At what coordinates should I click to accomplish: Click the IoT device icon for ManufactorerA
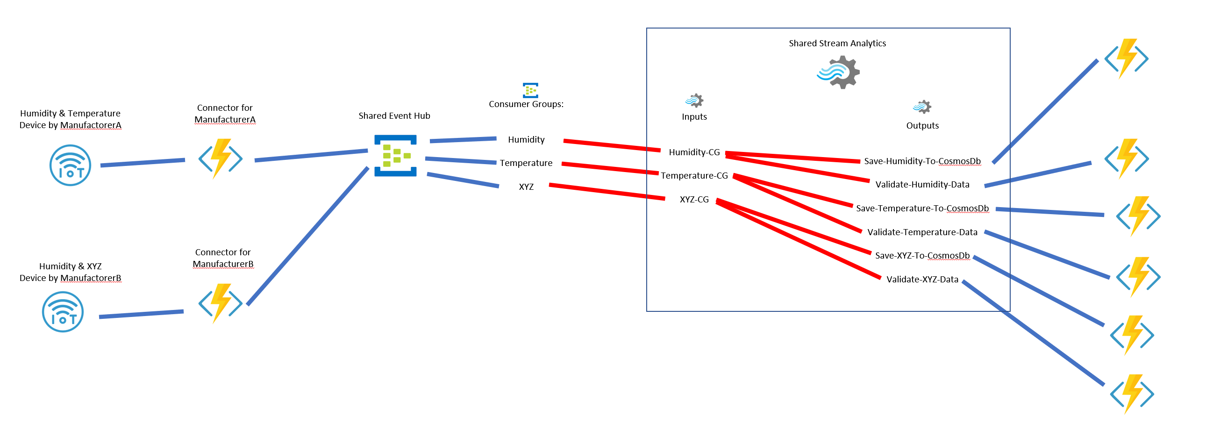(x=70, y=165)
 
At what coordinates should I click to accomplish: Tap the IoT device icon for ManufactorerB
(x=63, y=312)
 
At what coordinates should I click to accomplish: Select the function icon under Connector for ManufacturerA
(x=220, y=158)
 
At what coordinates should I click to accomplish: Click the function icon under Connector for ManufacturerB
(x=220, y=303)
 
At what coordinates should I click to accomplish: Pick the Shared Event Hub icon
(x=395, y=156)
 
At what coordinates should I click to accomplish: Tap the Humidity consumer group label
(x=526, y=140)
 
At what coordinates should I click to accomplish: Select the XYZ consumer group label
(x=526, y=187)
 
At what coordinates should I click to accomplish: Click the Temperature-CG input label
(x=694, y=176)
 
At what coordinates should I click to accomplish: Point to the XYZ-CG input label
(x=694, y=200)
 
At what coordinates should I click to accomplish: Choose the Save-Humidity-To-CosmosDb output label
(x=922, y=161)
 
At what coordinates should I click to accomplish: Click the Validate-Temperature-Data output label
(x=922, y=232)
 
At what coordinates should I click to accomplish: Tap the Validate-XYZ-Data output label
(x=922, y=280)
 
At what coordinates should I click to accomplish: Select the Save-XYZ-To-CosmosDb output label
(x=922, y=256)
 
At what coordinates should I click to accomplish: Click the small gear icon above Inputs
(x=694, y=101)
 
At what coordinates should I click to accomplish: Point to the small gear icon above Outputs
(x=922, y=107)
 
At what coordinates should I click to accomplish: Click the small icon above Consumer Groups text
(x=530, y=90)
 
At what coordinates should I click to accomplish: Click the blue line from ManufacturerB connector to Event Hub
(x=308, y=235)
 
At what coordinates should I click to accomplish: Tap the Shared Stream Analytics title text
(x=837, y=43)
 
